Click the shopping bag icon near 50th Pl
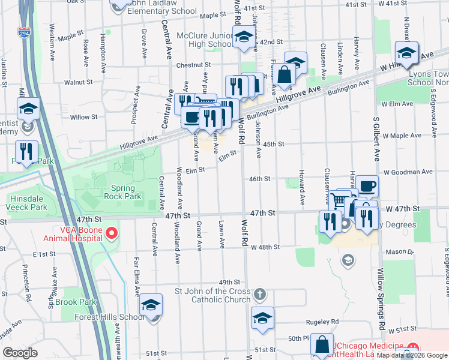point(322,344)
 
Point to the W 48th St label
point(265,247)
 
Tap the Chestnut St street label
point(193,65)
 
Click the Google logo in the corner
point(20,352)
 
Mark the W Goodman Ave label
point(408,172)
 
